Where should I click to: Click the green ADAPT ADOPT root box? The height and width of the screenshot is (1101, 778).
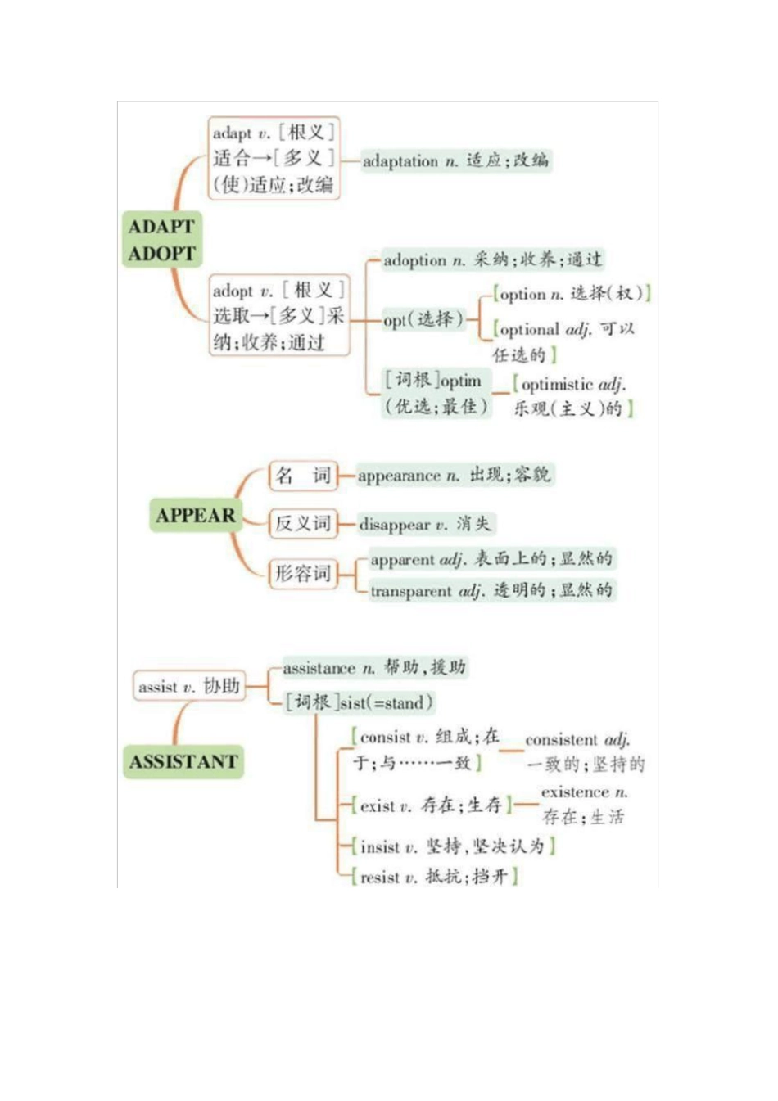(162, 239)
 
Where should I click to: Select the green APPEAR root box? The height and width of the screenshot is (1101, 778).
(195, 516)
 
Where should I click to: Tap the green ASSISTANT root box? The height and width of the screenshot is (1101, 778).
(183, 762)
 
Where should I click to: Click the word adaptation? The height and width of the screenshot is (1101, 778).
(400, 161)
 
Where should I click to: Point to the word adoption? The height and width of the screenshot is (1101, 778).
(414, 260)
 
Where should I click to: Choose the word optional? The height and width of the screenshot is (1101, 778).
(529, 330)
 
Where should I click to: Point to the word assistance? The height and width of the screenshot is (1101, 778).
(319, 669)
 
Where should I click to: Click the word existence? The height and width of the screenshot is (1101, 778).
(575, 792)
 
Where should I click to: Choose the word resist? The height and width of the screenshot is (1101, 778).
(379, 878)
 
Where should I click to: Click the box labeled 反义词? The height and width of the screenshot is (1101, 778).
(302, 524)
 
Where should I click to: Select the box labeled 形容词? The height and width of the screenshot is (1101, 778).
(302, 573)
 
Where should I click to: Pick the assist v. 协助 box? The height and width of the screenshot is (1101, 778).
(188, 686)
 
